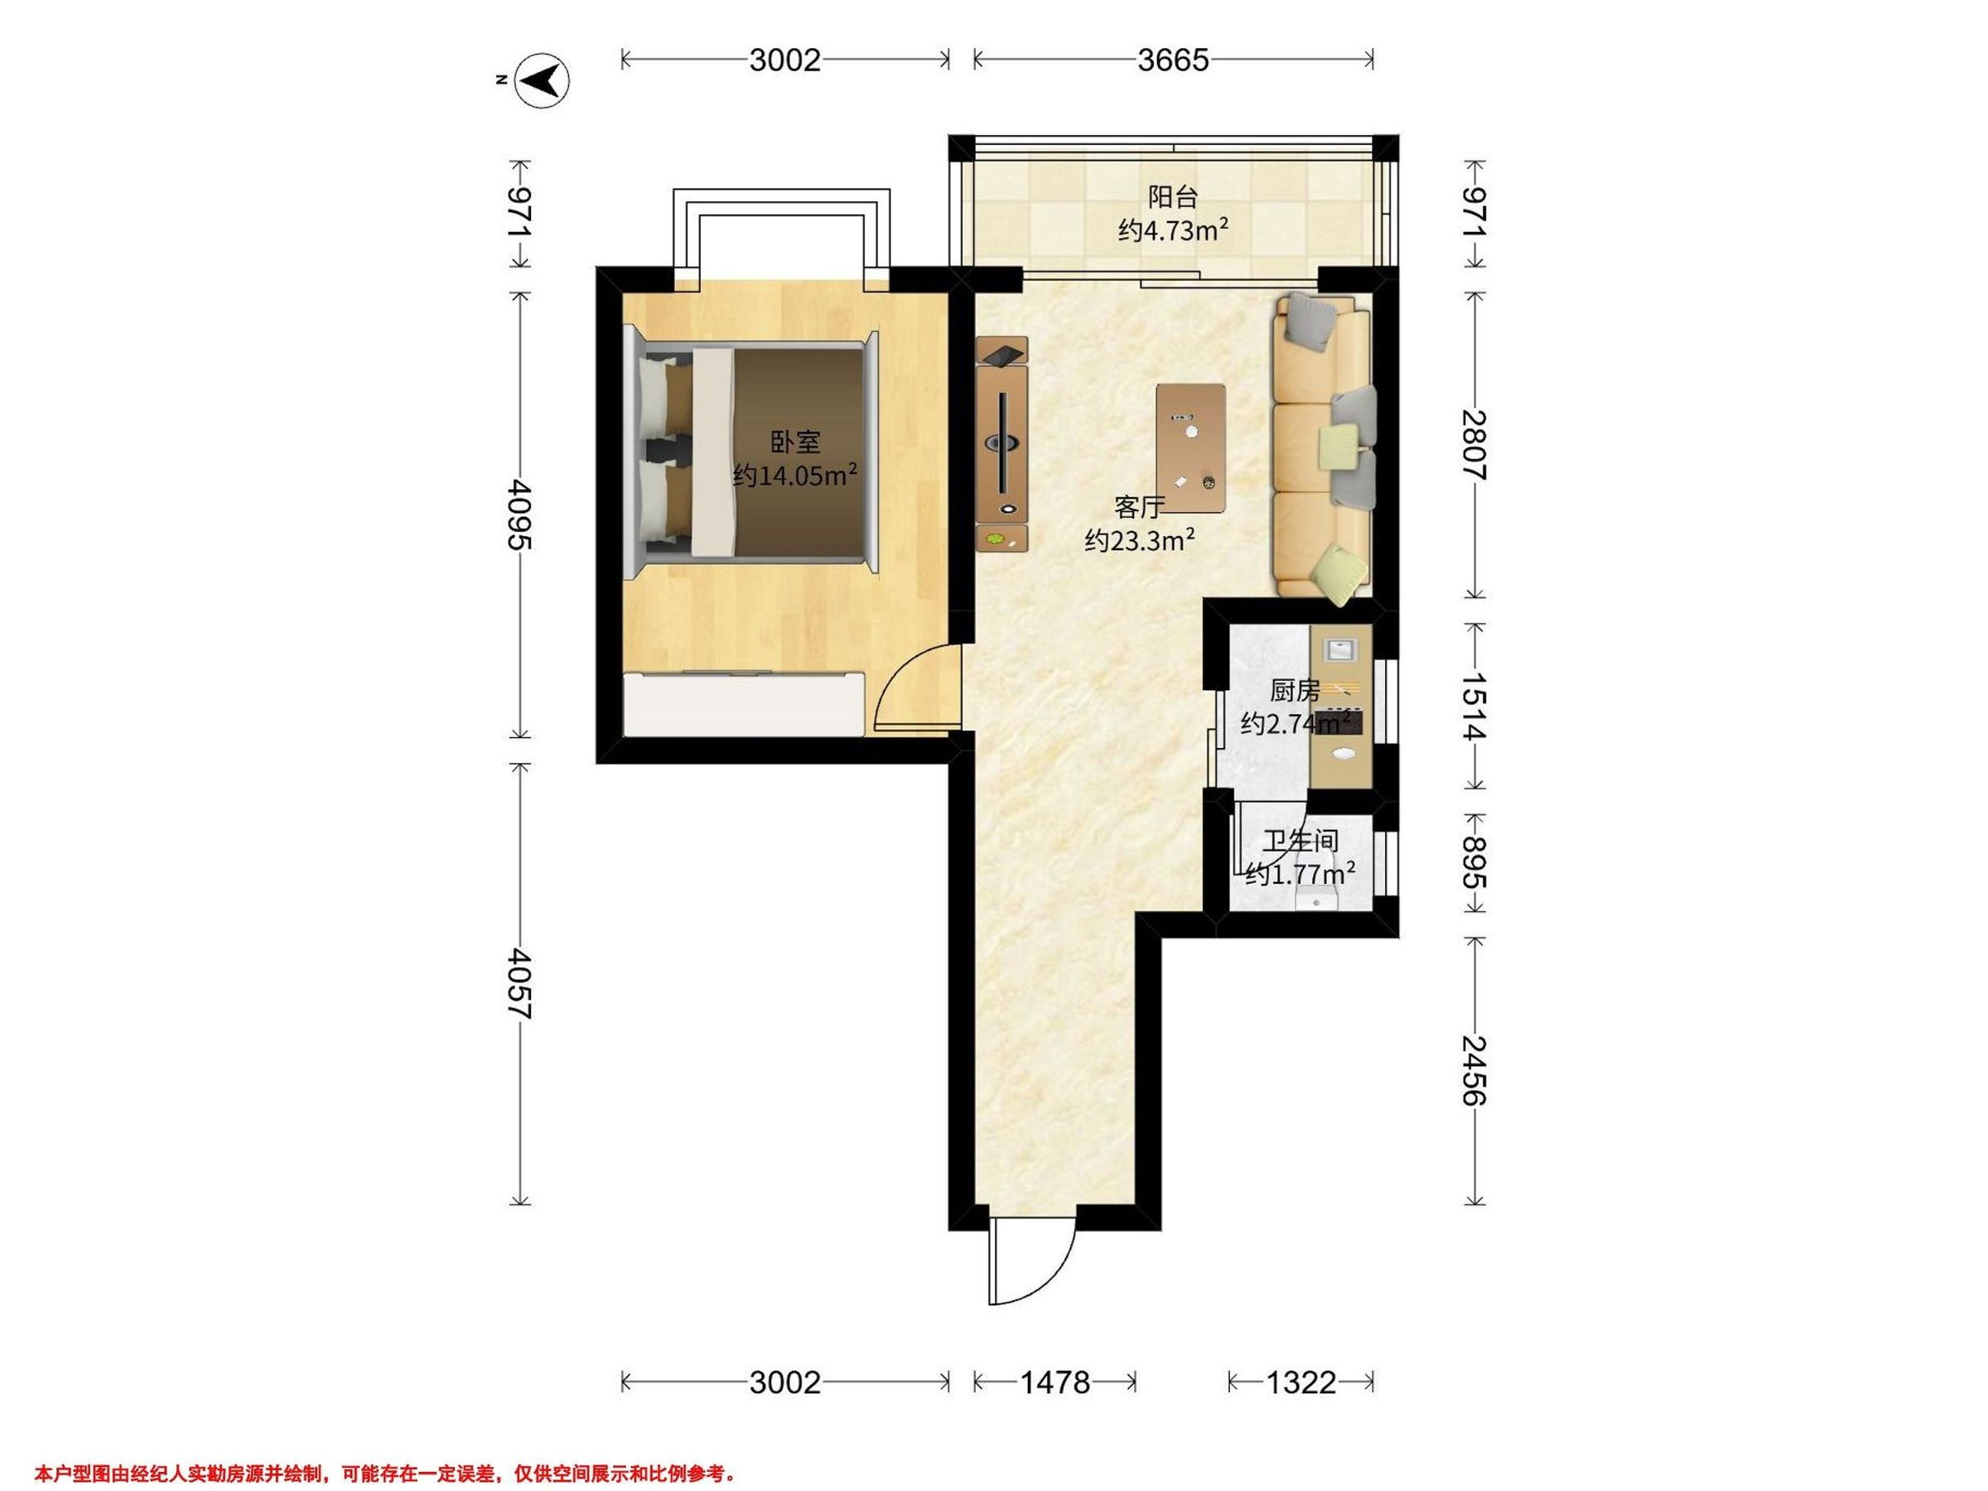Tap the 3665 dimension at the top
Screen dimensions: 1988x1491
(x=1173, y=60)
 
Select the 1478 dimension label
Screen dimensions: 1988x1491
(x=1054, y=1382)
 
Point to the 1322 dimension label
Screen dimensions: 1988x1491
(x=1300, y=1382)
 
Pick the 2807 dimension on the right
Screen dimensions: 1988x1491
(x=1474, y=445)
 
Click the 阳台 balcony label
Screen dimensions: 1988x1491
(x=1173, y=196)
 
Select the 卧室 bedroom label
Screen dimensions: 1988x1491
(x=795, y=442)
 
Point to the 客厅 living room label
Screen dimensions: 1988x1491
(x=1139, y=507)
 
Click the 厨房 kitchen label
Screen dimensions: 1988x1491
(x=1294, y=690)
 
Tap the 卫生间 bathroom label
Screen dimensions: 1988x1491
(x=1300, y=842)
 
